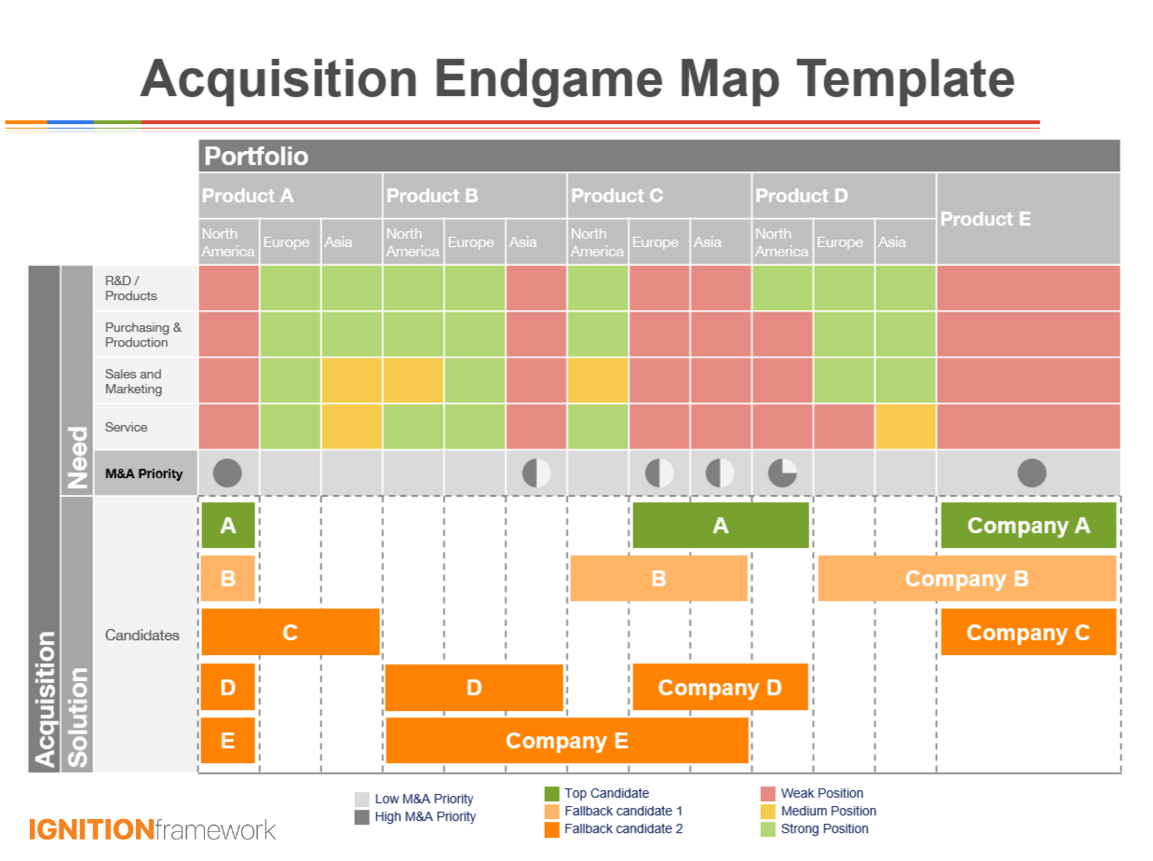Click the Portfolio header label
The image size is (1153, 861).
pos(256,156)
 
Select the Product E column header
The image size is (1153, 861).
pos(985,219)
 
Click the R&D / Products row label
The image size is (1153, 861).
pos(131,288)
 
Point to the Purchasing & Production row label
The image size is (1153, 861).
pos(143,335)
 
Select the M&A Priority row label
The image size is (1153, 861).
pos(143,473)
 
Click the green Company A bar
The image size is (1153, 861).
pos(1028,526)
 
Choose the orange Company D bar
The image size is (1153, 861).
pos(719,688)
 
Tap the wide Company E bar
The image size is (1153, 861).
pos(566,741)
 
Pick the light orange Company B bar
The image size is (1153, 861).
pos(966,579)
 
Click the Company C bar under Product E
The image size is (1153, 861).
pos(1028,633)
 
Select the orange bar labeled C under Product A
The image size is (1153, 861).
pos(290,633)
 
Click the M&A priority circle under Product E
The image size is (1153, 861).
pos(1031,473)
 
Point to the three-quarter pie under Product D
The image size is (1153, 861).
pos(781,473)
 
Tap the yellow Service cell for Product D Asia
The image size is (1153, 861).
pos(904,427)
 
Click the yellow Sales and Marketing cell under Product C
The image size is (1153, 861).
pos(597,380)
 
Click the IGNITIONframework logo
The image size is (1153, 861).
pos(152,829)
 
